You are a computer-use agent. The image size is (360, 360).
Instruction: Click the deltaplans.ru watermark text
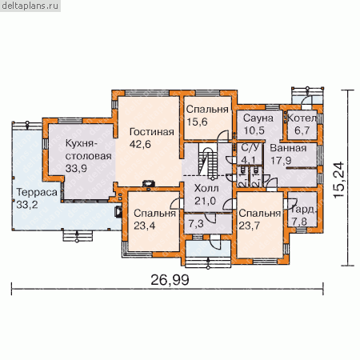[x=30, y=6]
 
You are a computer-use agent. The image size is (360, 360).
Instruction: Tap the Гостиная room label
[x=152, y=132]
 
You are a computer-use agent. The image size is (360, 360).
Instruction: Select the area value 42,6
[x=140, y=144]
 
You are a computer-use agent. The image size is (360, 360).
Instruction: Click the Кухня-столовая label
[x=89, y=150]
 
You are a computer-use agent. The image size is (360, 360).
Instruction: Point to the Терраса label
[x=37, y=192]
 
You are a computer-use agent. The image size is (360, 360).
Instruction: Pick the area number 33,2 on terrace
[x=27, y=205]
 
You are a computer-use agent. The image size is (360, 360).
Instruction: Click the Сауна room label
[x=258, y=118]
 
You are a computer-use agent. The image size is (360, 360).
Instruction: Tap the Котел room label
[x=302, y=118]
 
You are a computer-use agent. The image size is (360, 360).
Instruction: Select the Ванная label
[x=288, y=148]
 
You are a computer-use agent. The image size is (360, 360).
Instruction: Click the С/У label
[x=250, y=147]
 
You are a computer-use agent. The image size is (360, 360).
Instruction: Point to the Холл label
[x=206, y=188]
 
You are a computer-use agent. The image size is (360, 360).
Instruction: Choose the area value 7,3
[x=196, y=224]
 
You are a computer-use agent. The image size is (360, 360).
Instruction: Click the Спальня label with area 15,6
[x=207, y=110]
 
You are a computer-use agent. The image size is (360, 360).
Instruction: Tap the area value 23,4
[x=144, y=226]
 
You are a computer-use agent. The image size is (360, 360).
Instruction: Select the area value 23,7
[x=249, y=226]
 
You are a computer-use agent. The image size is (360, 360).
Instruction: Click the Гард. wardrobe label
[x=303, y=210]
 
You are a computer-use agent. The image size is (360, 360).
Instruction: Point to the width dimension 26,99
[x=170, y=280]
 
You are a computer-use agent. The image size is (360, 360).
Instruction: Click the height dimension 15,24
[x=339, y=180]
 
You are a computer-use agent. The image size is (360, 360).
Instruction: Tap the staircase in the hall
[x=208, y=161]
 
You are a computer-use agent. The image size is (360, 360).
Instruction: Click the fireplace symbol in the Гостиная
[x=148, y=184]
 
